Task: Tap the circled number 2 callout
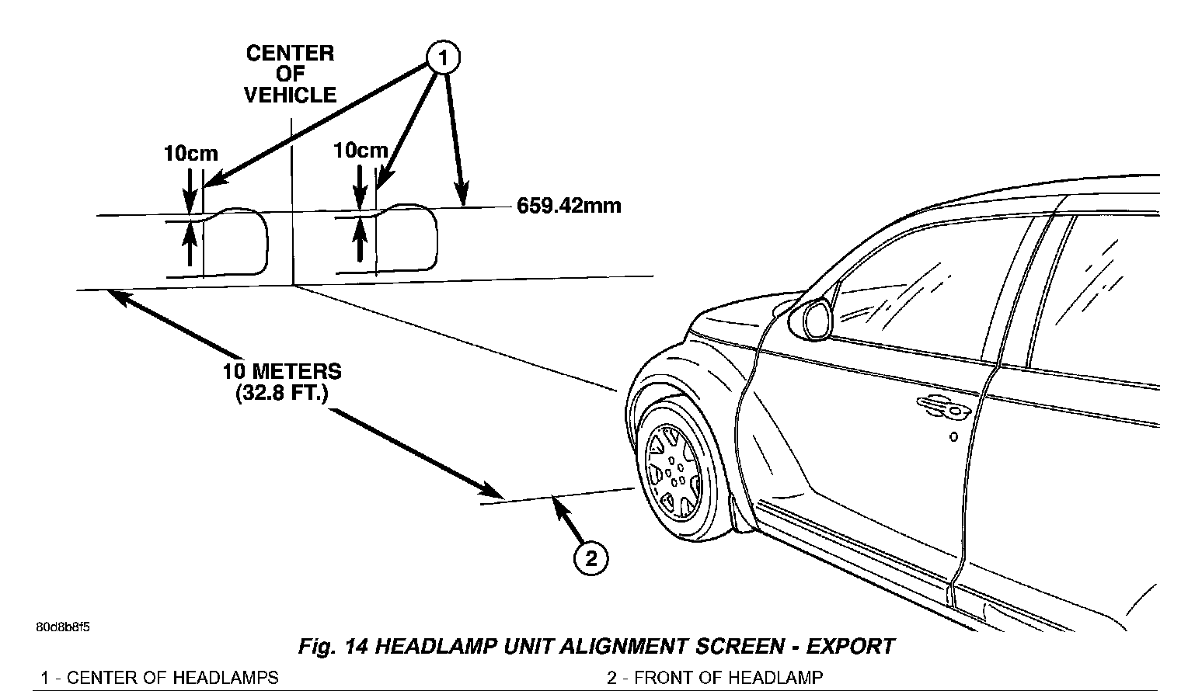pos(590,557)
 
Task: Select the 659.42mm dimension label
pos(569,207)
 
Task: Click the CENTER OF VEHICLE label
pos(290,75)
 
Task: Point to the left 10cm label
pos(190,154)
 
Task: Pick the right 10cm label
pos(361,150)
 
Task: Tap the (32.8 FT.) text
pos(282,394)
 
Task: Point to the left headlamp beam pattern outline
pos(233,242)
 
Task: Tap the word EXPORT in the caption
pos(850,647)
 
